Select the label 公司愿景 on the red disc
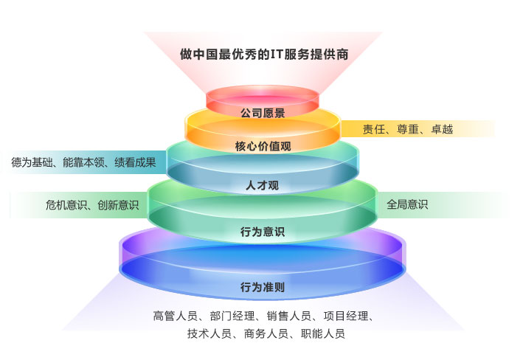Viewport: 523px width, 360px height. pyautogui.click(x=262, y=113)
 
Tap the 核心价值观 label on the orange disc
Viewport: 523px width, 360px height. pyautogui.click(x=262, y=146)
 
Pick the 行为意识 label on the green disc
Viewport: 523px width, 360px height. pyautogui.click(x=262, y=232)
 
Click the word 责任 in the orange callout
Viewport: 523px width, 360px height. pyautogui.click(x=373, y=130)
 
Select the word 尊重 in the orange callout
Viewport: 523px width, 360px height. pyautogui.click(x=408, y=130)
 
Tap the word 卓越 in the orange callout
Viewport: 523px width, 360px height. pyautogui.click(x=442, y=130)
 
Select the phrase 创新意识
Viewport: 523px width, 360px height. pyautogui.click(x=118, y=205)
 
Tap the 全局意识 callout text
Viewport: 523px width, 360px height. pyautogui.click(x=407, y=204)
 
